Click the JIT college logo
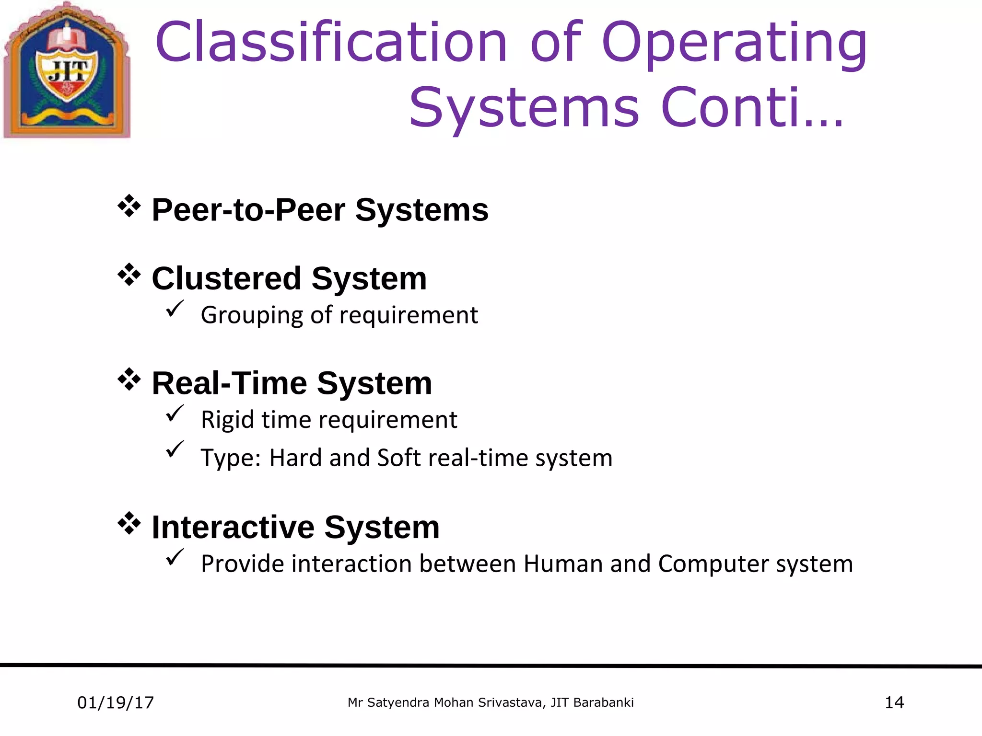point(67,71)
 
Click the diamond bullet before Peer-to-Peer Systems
point(129,207)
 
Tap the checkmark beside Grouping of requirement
point(175,309)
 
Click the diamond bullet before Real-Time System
point(129,380)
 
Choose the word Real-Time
point(229,383)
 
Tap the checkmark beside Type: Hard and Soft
point(175,449)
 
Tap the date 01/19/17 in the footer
point(116,703)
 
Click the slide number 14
point(894,703)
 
